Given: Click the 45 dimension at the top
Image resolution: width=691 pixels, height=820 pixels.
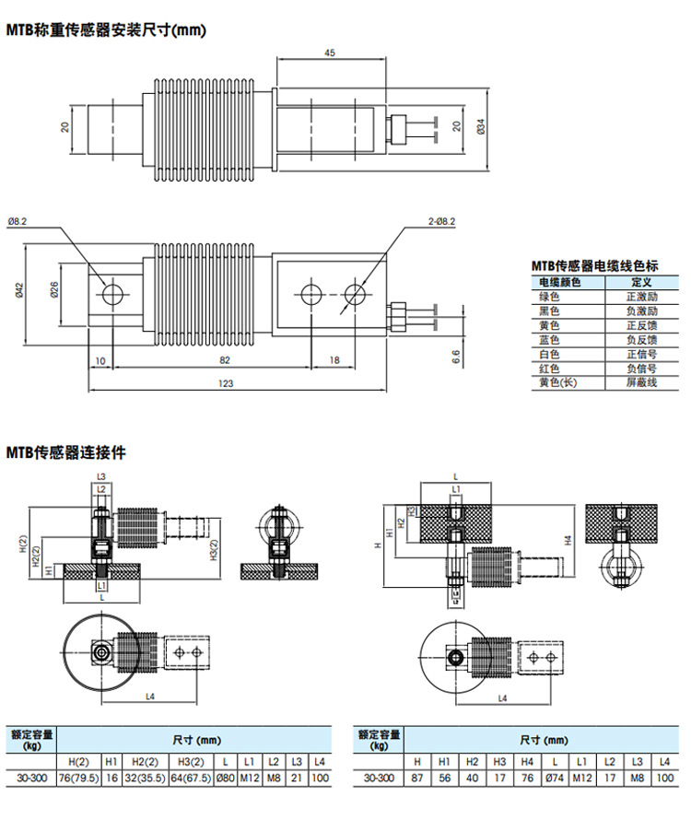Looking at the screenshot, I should (x=329, y=53).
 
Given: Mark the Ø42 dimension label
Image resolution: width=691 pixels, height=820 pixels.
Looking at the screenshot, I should (x=21, y=292).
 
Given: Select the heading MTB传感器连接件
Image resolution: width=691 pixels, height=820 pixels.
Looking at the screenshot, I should (x=65, y=452).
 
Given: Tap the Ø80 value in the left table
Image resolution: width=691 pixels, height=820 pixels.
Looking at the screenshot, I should (x=226, y=779).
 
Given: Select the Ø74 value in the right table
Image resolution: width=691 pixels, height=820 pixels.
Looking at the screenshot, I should (x=554, y=779).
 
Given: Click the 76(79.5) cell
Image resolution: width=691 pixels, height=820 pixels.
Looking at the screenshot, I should (x=79, y=779).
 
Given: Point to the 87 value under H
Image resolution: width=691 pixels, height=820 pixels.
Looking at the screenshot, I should (x=417, y=779).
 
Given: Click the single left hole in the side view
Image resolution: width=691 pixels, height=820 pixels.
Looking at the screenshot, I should (x=113, y=294).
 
